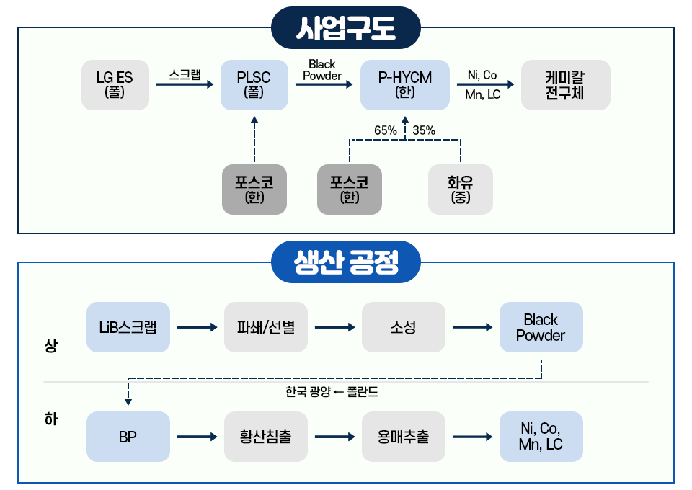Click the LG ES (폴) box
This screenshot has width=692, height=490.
click(x=115, y=85)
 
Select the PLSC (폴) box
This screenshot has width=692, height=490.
click(x=254, y=85)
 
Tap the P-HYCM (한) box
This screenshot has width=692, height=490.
click(x=405, y=85)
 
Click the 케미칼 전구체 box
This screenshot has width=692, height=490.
click(x=565, y=85)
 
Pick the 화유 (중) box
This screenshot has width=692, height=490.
click(x=461, y=190)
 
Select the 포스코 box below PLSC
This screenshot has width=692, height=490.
click(x=254, y=190)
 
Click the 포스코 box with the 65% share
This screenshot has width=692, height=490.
click(x=350, y=190)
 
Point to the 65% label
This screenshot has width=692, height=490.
click(x=386, y=130)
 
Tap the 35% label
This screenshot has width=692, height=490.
click(x=424, y=130)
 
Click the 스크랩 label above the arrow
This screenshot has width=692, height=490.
click(x=185, y=73)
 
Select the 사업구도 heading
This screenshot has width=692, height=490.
click(x=345, y=28)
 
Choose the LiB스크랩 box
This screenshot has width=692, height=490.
click(x=128, y=327)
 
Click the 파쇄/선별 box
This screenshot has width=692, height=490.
click(x=266, y=327)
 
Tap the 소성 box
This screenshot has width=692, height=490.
click(x=404, y=327)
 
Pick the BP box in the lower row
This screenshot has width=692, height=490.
click(x=128, y=437)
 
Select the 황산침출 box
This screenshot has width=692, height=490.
click(x=266, y=437)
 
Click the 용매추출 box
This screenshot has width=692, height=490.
click(x=404, y=437)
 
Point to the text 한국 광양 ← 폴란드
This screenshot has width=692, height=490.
click(x=332, y=393)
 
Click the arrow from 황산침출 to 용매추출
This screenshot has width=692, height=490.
click(x=334, y=437)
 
